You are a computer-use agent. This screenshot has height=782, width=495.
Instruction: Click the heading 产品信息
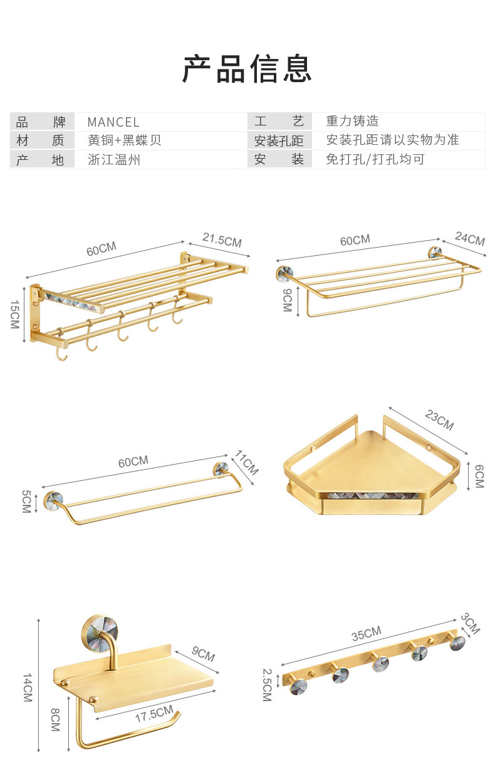[x=247, y=69]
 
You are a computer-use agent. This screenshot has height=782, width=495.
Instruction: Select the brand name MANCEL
[x=113, y=122]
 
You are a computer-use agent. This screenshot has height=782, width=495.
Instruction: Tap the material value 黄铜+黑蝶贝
[x=125, y=140]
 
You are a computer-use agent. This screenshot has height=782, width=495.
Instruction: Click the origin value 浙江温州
[x=114, y=160]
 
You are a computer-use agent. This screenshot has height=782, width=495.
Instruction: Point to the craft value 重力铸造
[x=352, y=122]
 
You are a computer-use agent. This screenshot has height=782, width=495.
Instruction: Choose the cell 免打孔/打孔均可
[x=375, y=160]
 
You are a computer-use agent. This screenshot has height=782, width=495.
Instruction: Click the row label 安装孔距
[x=279, y=141]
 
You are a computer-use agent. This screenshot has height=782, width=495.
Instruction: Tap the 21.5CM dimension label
[x=222, y=240]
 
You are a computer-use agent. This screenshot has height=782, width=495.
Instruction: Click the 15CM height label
[x=15, y=313]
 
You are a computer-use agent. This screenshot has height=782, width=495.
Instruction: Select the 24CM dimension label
[x=470, y=238]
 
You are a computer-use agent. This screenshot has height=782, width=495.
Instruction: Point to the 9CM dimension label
[x=287, y=300]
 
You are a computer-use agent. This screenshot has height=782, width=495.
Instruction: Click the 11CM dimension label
[x=247, y=462]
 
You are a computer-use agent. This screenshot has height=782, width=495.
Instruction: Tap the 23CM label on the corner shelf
[x=439, y=420]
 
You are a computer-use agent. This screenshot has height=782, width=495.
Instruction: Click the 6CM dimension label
[x=479, y=475]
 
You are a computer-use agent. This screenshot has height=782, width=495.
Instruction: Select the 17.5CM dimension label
[x=154, y=714]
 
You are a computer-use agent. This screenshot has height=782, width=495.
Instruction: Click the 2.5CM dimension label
[x=267, y=684]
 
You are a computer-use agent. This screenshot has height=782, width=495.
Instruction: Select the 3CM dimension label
[x=470, y=623]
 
